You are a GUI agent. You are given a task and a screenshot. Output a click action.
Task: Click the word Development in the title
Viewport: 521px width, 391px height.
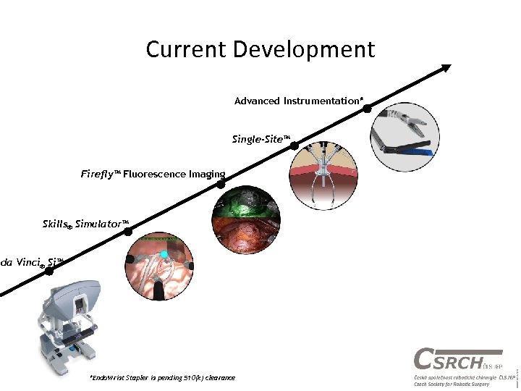pos(305,50)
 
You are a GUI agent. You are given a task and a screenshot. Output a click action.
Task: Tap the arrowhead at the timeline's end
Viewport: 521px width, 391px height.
pos(446,68)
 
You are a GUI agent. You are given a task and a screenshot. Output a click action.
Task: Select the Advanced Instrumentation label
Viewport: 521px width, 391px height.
pos(298,101)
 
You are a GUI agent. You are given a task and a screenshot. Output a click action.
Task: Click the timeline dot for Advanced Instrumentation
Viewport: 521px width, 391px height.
pos(368,109)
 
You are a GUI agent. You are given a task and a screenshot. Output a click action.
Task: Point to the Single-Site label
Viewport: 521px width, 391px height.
pos(261,138)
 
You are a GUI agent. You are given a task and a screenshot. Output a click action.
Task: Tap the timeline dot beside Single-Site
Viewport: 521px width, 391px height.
pos(295,146)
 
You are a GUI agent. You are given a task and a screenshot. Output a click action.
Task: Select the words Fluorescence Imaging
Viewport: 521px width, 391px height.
pos(174,174)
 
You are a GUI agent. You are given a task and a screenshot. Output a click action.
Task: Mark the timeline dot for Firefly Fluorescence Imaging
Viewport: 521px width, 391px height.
pos(221,184)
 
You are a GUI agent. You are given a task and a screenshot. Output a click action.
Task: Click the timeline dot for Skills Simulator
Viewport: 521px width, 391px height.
pos(128,232)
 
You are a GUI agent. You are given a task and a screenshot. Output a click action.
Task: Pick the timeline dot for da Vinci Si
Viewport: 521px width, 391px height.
pos(49,272)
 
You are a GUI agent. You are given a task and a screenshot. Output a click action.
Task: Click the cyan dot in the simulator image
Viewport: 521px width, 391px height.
pos(164,254)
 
